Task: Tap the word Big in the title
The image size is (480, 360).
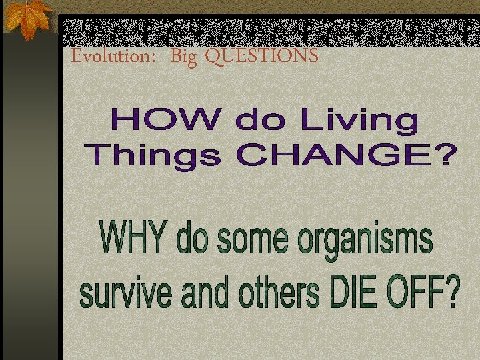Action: point(184,58)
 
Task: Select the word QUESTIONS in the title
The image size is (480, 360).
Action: point(261,57)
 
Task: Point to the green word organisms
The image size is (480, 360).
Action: point(364,241)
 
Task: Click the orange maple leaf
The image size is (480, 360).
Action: point(27,18)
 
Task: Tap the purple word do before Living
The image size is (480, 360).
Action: point(261,122)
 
